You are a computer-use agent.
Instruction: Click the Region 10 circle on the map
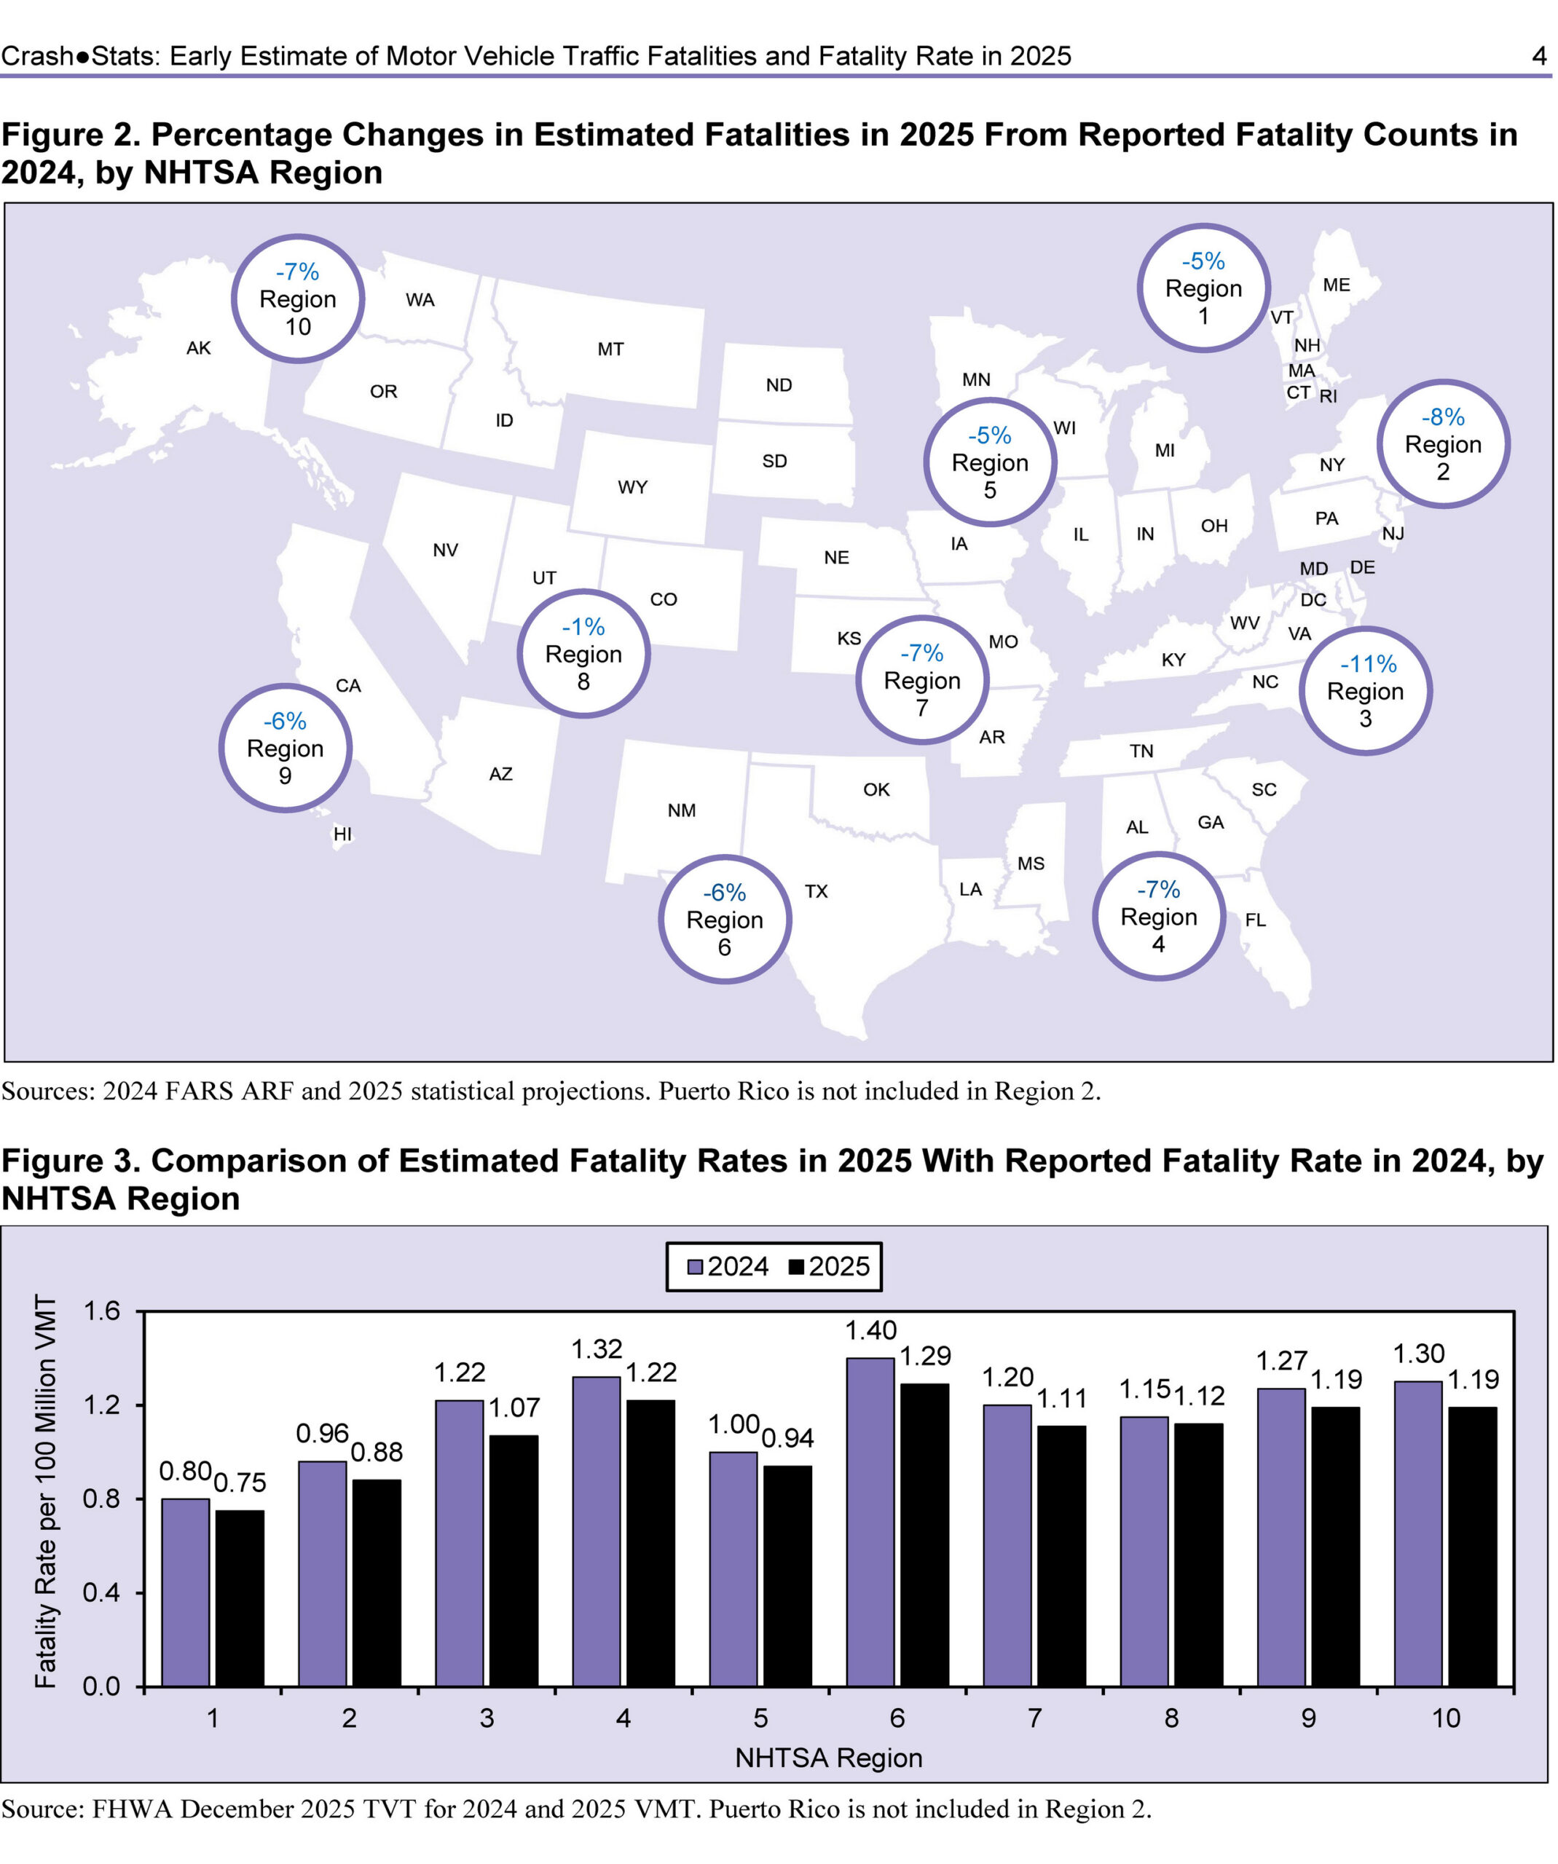(x=297, y=299)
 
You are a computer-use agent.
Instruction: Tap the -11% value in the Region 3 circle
(x=1367, y=663)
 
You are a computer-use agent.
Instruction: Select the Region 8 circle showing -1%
(x=583, y=653)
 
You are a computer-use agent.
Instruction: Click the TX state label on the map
(x=816, y=891)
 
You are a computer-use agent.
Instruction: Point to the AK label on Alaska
(x=198, y=348)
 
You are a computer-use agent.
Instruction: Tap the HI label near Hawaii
(x=342, y=834)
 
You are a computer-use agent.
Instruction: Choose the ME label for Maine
(x=1335, y=285)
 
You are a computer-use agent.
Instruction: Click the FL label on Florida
(x=1254, y=920)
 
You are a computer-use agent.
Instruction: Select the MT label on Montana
(x=610, y=349)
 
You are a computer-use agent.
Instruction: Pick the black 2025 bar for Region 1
(x=240, y=1598)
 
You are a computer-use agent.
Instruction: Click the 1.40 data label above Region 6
(x=870, y=1330)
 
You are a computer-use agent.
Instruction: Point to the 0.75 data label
(x=240, y=1482)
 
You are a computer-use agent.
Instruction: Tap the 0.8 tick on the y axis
(x=101, y=1499)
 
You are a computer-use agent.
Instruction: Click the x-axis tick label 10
(x=1445, y=1718)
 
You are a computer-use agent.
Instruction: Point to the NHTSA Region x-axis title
(x=828, y=1758)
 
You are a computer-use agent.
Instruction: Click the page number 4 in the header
(x=1539, y=56)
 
